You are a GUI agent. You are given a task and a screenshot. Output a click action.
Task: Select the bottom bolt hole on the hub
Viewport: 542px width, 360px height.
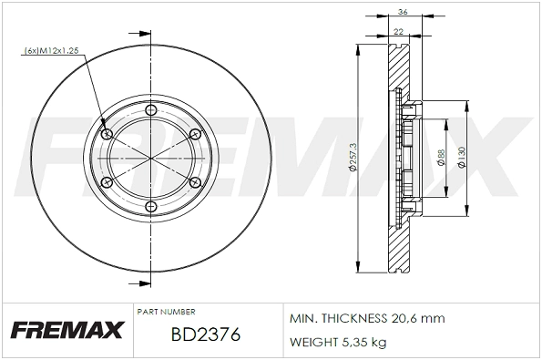click(x=152, y=208)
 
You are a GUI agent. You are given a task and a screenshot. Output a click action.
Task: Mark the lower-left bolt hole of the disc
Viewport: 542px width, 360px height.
click(x=109, y=183)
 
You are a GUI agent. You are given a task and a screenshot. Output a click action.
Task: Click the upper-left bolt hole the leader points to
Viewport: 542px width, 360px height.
click(x=109, y=135)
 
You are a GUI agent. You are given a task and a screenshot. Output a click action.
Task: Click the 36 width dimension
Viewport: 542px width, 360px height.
click(x=402, y=11)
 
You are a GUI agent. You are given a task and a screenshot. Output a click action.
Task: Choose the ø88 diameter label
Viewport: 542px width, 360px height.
click(x=440, y=159)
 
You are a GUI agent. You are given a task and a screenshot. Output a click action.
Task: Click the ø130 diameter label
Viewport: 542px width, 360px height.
click(x=463, y=159)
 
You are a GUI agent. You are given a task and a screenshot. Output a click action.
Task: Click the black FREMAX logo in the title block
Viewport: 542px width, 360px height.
click(x=66, y=331)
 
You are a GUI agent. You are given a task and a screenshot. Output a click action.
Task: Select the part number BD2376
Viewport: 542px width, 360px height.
click(x=205, y=335)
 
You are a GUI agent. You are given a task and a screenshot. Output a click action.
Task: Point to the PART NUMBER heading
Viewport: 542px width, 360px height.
click(x=165, y=311)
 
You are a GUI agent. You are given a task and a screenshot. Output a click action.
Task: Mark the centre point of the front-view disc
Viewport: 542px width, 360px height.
click(x=152, y=159)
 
